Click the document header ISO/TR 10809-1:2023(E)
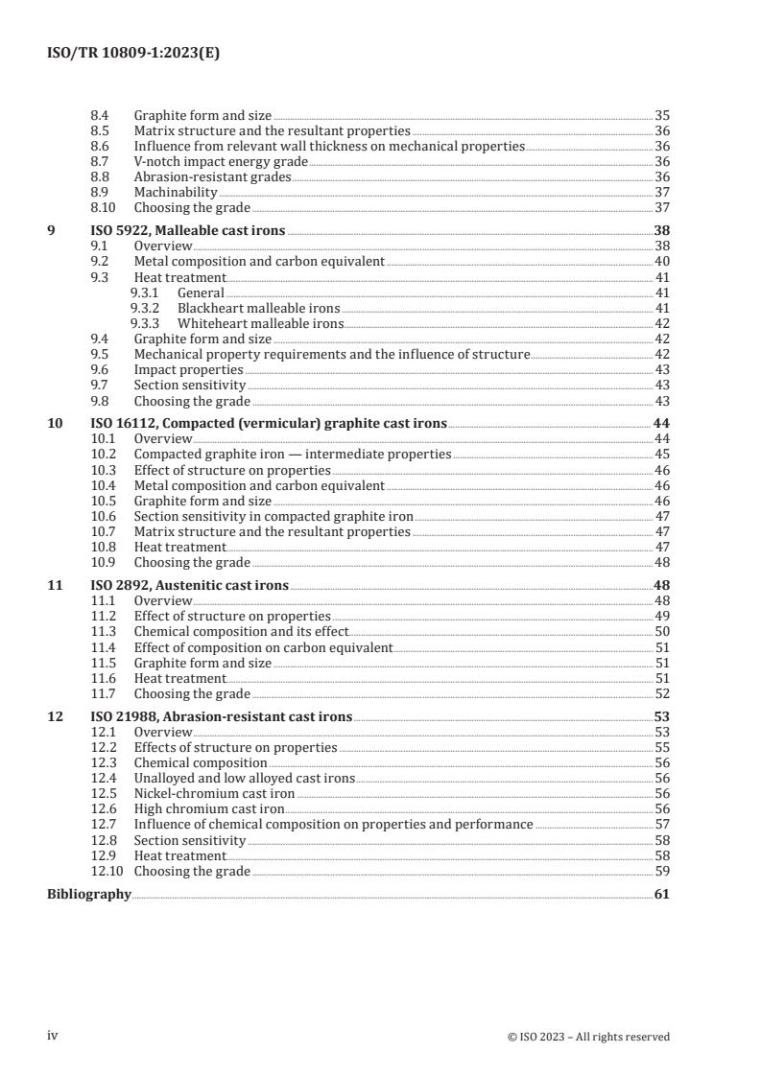(x=133, y=54)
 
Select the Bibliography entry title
(x=89, y=894)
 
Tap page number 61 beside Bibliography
(x=661, y=894)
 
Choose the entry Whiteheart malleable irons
(x=260, y=323)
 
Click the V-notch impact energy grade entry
(x=221, y=161)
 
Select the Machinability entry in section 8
(x=175, y=192)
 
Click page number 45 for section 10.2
(x=661, y=454)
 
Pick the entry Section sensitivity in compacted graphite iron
(x=273, y=516)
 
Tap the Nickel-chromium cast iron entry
(x=214, y=794)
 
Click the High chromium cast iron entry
(x=208, y=809)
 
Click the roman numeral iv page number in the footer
(x=53, y=1036)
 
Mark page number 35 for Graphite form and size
(x=661, y=114)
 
